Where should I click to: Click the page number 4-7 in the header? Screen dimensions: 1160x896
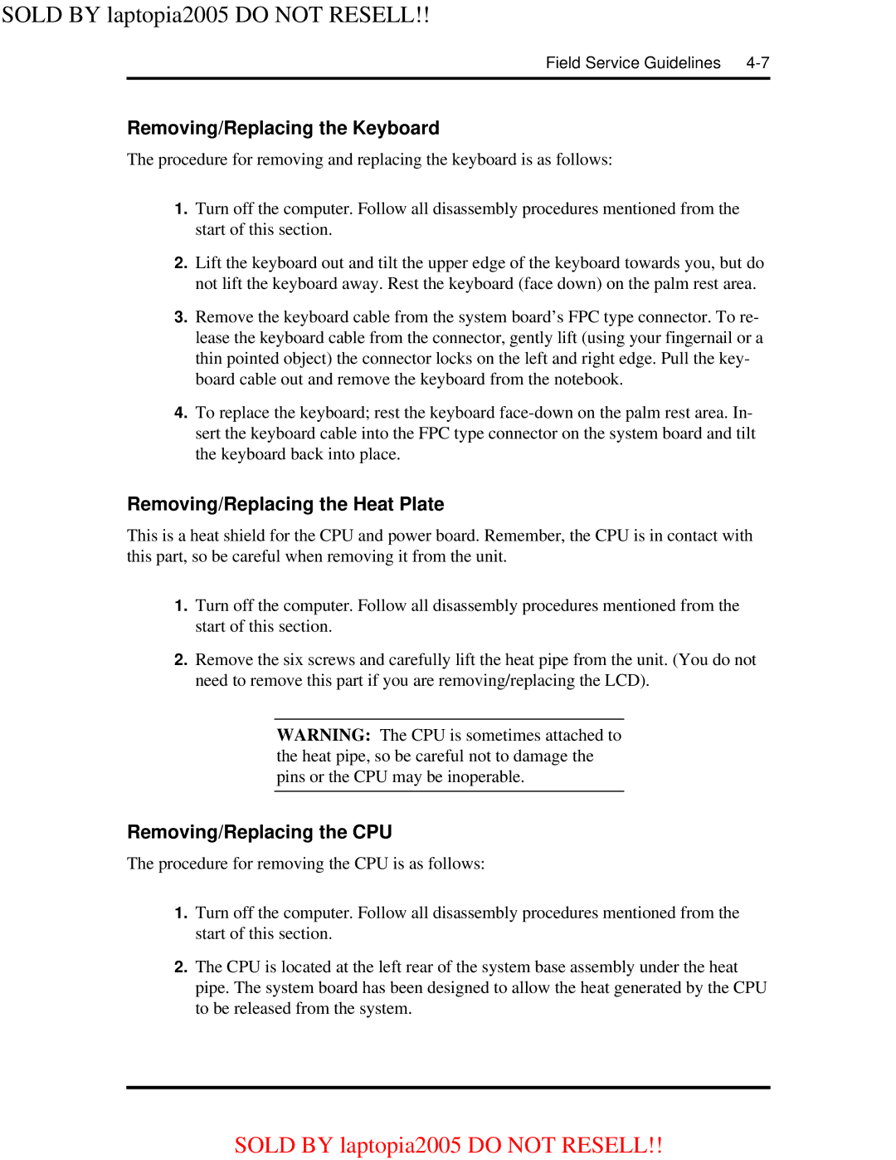[757, 63]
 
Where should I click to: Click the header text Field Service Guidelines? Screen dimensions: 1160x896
[633, 63]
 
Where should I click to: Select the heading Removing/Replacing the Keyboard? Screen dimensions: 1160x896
[283, 129]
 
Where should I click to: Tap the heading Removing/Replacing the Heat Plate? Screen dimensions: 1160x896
[285, 505]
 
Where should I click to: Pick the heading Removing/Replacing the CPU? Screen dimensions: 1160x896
[259, 833]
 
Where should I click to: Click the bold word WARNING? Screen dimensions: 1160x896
[324, 736]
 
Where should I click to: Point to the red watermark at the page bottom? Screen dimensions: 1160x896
[448, 1145]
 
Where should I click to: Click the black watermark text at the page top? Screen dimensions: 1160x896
[215, 15]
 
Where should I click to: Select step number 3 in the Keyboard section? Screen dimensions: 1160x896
[181, 317]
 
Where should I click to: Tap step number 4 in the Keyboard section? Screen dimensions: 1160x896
[181, 413]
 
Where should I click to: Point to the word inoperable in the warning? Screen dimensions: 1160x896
[485, 777]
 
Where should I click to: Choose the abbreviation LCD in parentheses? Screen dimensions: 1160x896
[621, 681]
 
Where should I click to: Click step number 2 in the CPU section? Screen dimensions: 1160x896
[181, 967]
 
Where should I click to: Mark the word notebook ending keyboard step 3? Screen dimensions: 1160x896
[587, 379]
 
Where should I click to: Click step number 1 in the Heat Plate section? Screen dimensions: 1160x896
[181, 606]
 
